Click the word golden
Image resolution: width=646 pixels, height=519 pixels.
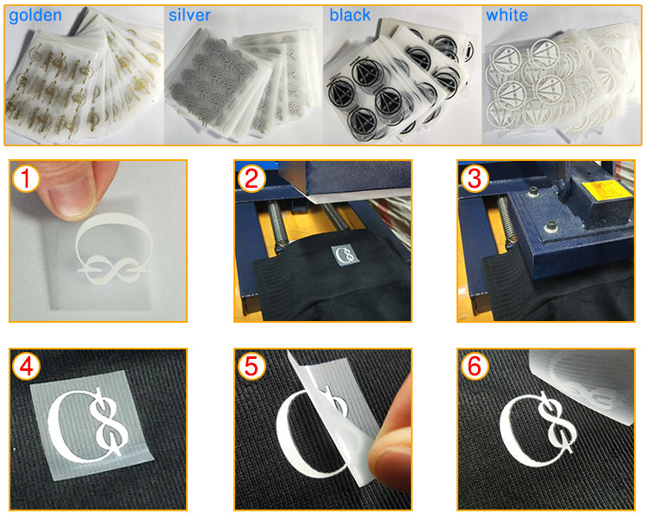(35, 16)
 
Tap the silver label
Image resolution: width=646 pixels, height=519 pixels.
(189, 15)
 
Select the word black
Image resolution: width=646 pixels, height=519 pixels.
(350, 15)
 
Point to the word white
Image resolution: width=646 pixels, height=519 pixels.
(506, 15)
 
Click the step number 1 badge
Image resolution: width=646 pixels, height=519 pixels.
(26, 178)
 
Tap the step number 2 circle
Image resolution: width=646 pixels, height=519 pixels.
(252, 178)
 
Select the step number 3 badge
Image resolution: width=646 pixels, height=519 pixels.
(475, 178)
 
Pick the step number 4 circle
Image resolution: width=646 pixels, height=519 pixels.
(27, 367)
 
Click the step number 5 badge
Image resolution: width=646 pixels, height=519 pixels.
(252, 367)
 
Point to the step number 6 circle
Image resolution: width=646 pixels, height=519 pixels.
(475, 367)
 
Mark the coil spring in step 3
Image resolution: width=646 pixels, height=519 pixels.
(506, 220)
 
